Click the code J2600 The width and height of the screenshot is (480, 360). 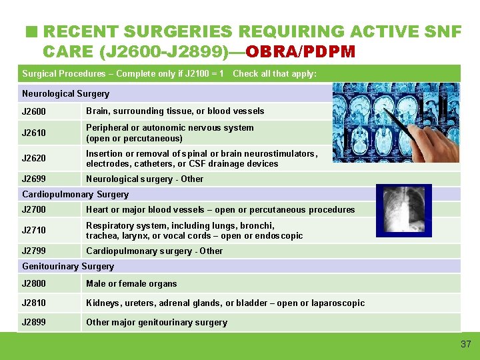tap(34, 112)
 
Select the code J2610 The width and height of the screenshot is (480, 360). tap(34, 133)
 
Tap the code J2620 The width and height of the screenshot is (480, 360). tap(34, 159)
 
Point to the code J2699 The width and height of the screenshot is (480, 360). tap(34, 179)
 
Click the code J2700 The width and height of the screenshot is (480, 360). tap(34, 210)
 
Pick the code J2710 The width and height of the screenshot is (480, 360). tap(34, 231)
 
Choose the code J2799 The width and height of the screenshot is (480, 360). tap(34, 251)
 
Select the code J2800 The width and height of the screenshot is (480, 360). tap(34, 284)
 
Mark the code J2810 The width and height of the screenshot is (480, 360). tap(34, 303)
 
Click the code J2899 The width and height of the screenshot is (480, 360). tap(34, 323)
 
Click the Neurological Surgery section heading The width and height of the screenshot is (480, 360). tap(65, 94)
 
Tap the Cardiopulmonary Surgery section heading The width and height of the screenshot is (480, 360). tap(75, 195)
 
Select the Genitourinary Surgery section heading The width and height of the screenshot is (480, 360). tap(68, 267)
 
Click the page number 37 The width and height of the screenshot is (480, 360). tap(465, 344)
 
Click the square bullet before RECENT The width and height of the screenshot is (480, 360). tap(30, 31)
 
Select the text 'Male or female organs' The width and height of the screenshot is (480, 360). tap(131, 284)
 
